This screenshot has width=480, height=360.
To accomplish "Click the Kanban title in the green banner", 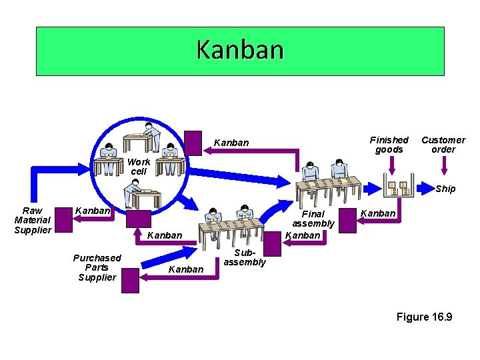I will pos(240,50).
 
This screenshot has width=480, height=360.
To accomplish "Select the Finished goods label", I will pos(389,145).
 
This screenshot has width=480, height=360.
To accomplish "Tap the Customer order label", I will pos(443,145).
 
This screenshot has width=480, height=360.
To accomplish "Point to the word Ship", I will pos(445,189).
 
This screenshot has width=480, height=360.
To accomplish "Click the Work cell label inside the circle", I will pos(139,167).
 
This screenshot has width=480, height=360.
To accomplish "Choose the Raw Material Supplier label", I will pos(33,221).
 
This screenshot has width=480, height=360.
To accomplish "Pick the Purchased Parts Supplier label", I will pos(97,267).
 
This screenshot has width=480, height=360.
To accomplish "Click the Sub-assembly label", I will pos(244,258).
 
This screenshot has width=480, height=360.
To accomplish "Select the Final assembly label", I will pos(313,219).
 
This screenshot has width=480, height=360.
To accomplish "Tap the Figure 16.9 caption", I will pos(424,317).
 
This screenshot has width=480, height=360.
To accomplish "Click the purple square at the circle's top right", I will pos(193,142).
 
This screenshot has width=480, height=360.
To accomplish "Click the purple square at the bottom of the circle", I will pos(139,220).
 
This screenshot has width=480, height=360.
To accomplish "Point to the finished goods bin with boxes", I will pos(399,189).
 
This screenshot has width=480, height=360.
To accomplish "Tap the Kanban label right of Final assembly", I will pos(378,213).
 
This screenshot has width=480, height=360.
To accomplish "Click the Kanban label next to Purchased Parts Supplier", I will pos(186,269).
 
